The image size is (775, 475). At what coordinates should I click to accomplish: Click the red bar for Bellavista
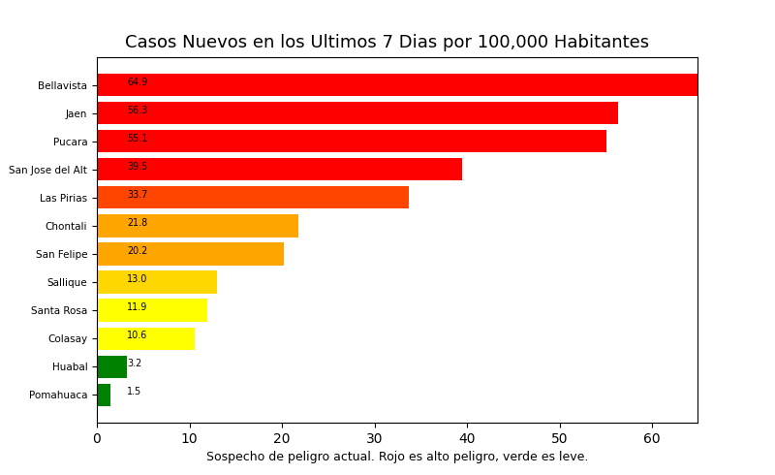(x=397, y=85)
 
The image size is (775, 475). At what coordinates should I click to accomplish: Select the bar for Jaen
(x=357, y=113)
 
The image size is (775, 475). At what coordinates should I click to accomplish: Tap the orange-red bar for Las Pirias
(x=253, y=198)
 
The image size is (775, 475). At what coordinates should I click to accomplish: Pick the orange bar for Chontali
(x=198, y=226)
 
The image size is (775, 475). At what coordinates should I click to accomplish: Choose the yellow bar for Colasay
(x=145, y=338)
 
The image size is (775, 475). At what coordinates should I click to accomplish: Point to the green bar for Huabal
(x=111, y=366)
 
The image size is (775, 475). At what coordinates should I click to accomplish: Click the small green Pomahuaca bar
(x=104, y=395)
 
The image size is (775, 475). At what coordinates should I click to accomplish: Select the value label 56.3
(x=138, y=111)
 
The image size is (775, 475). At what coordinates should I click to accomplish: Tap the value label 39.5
(x=138, y=167)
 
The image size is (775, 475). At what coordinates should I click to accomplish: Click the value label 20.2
(x=138, y=251)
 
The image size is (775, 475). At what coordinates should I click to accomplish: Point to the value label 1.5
(x=134, y=392)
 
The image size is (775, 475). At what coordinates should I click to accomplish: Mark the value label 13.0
(x=138, y=279)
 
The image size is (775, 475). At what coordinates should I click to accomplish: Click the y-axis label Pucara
(x=70, y=142)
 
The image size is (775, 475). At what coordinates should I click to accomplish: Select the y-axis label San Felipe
(x=61, y=254)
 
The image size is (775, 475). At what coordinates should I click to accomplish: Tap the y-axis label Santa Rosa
(x=59, y=310)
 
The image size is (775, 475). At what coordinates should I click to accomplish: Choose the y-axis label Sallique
(x=67, y=282)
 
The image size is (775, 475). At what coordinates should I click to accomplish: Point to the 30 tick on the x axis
(x=375, y=439)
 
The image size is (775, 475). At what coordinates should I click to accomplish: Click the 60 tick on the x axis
(x=652, y=439)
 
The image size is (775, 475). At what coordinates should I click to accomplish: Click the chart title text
(x=387, y=43)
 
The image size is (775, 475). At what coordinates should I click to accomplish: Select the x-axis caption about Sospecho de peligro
(x=397, y=457)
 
